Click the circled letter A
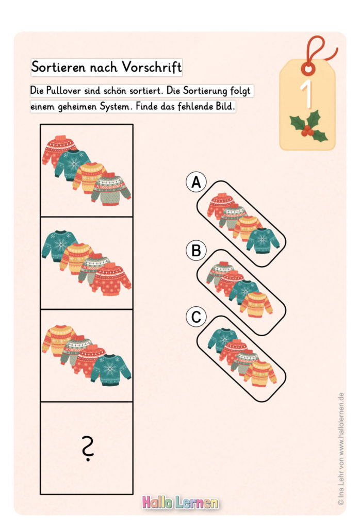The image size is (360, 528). (196, 183)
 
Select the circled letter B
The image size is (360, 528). (196, 251)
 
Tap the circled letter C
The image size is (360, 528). (196, 317)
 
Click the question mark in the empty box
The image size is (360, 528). (87, 448)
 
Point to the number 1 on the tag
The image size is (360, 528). (306, 93)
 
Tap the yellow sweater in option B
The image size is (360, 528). (256, 304)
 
